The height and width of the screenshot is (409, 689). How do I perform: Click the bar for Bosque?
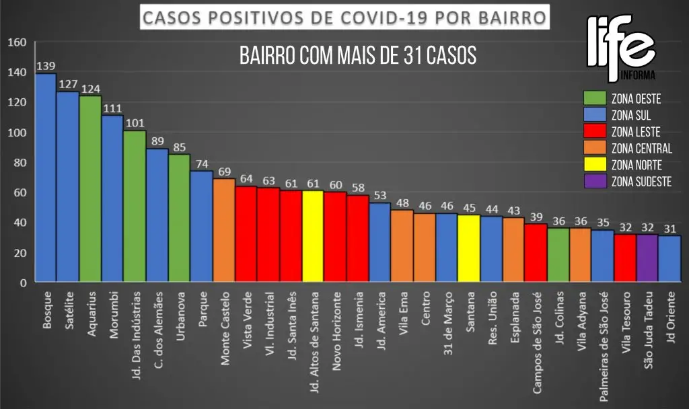click(x=45, y=178)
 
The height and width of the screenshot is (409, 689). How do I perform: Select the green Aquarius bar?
click(x=90, y=189)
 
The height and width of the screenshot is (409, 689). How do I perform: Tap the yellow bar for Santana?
click(x=468, y=248)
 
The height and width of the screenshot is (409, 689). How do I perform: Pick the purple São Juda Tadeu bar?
click(x=647, y=258)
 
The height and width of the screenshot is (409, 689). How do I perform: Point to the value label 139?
click(x=45, y=67)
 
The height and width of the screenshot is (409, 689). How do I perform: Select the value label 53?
click(x=380, y=196)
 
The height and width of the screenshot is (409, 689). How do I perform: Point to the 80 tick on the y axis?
click(x=20, y=163)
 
